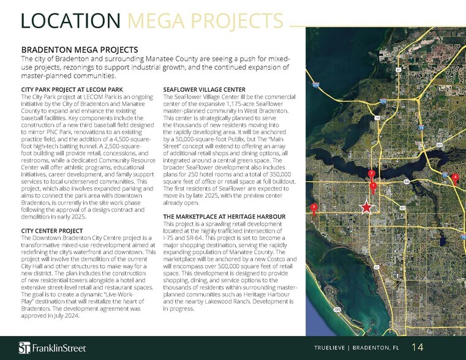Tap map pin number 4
point(454,178)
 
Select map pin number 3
point(314,208)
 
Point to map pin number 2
point(370,174)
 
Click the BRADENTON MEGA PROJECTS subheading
point(80,49)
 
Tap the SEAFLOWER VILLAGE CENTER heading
point(205,90)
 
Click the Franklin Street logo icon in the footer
point(24,347)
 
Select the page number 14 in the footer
point(417,347)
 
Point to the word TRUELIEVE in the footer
point(333,348)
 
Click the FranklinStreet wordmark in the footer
point(59,348)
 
